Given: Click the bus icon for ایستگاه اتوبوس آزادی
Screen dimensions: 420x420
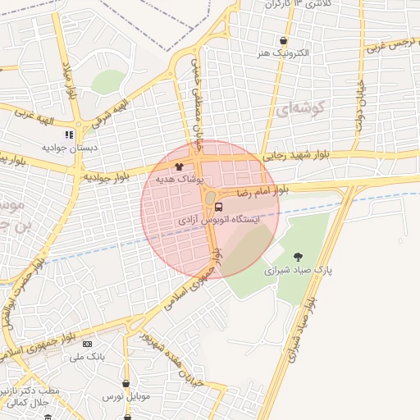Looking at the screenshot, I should click(217, 207).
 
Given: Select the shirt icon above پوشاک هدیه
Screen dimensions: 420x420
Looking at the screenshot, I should click(179, 167).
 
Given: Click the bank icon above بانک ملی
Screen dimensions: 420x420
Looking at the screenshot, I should click(89, 344).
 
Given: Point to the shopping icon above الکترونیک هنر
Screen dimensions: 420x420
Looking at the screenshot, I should click(283, 41).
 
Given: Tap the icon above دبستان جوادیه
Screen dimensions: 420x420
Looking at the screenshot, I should click(70, 134).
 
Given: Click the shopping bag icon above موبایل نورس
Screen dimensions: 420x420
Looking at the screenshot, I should click(126, 383).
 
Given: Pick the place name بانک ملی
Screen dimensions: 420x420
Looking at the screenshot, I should click(89, 357).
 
